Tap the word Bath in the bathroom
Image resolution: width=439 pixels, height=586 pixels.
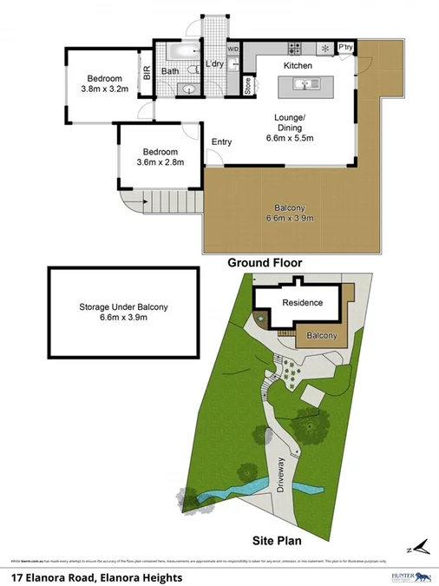click(170, 71)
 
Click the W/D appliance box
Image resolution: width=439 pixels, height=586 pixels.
click(233, 49)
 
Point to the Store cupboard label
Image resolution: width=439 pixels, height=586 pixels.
click(247, 85)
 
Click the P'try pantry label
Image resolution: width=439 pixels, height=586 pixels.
click(345, 48)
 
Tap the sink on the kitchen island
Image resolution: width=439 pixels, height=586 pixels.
click(305, 84)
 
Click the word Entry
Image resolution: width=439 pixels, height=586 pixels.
click(221, 142)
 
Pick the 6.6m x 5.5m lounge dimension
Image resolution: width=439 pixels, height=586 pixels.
click(289, 137)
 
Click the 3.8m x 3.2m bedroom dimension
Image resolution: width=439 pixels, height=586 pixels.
click(104, 88)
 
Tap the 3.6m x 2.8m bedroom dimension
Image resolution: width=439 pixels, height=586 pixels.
click(161, 161)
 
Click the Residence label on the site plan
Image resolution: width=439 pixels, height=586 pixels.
click(301, 303)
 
